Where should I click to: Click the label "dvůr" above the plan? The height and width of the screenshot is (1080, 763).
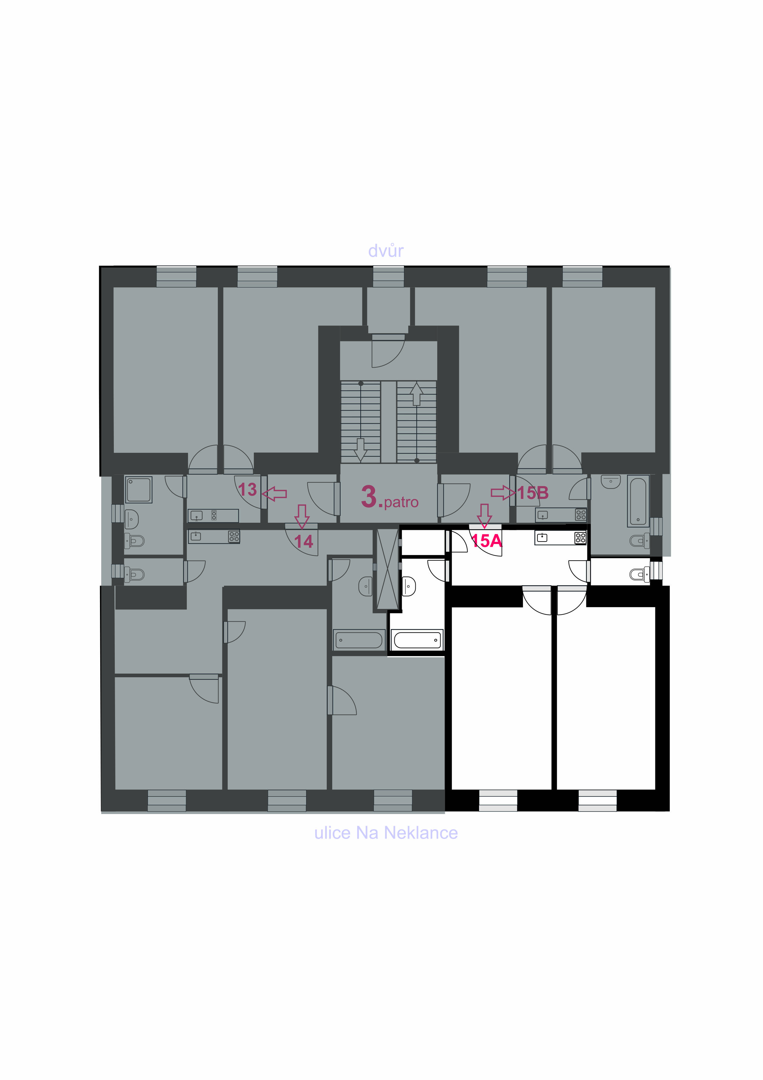385,251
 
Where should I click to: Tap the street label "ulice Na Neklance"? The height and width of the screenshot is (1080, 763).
385,832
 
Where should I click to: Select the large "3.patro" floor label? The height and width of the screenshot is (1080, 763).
389,497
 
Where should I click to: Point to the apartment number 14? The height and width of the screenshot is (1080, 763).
304,542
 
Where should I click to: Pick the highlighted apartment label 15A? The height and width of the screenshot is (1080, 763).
487,541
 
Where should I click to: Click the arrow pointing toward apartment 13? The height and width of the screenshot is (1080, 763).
274,494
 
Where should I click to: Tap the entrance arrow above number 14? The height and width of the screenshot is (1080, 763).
302,516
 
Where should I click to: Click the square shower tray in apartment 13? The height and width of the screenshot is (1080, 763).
138,490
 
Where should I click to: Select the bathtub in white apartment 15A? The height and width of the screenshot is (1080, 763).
417,640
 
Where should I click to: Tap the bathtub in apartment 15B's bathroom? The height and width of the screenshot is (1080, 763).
638,501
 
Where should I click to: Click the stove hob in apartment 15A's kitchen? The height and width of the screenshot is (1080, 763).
581,538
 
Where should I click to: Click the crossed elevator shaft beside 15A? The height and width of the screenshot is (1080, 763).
387,569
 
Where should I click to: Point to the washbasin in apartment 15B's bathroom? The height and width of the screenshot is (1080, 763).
611,482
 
